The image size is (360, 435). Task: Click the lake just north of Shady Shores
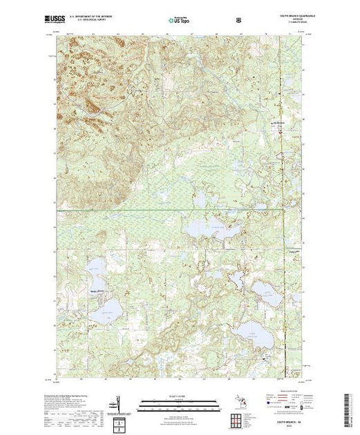[x=95, y=272]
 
